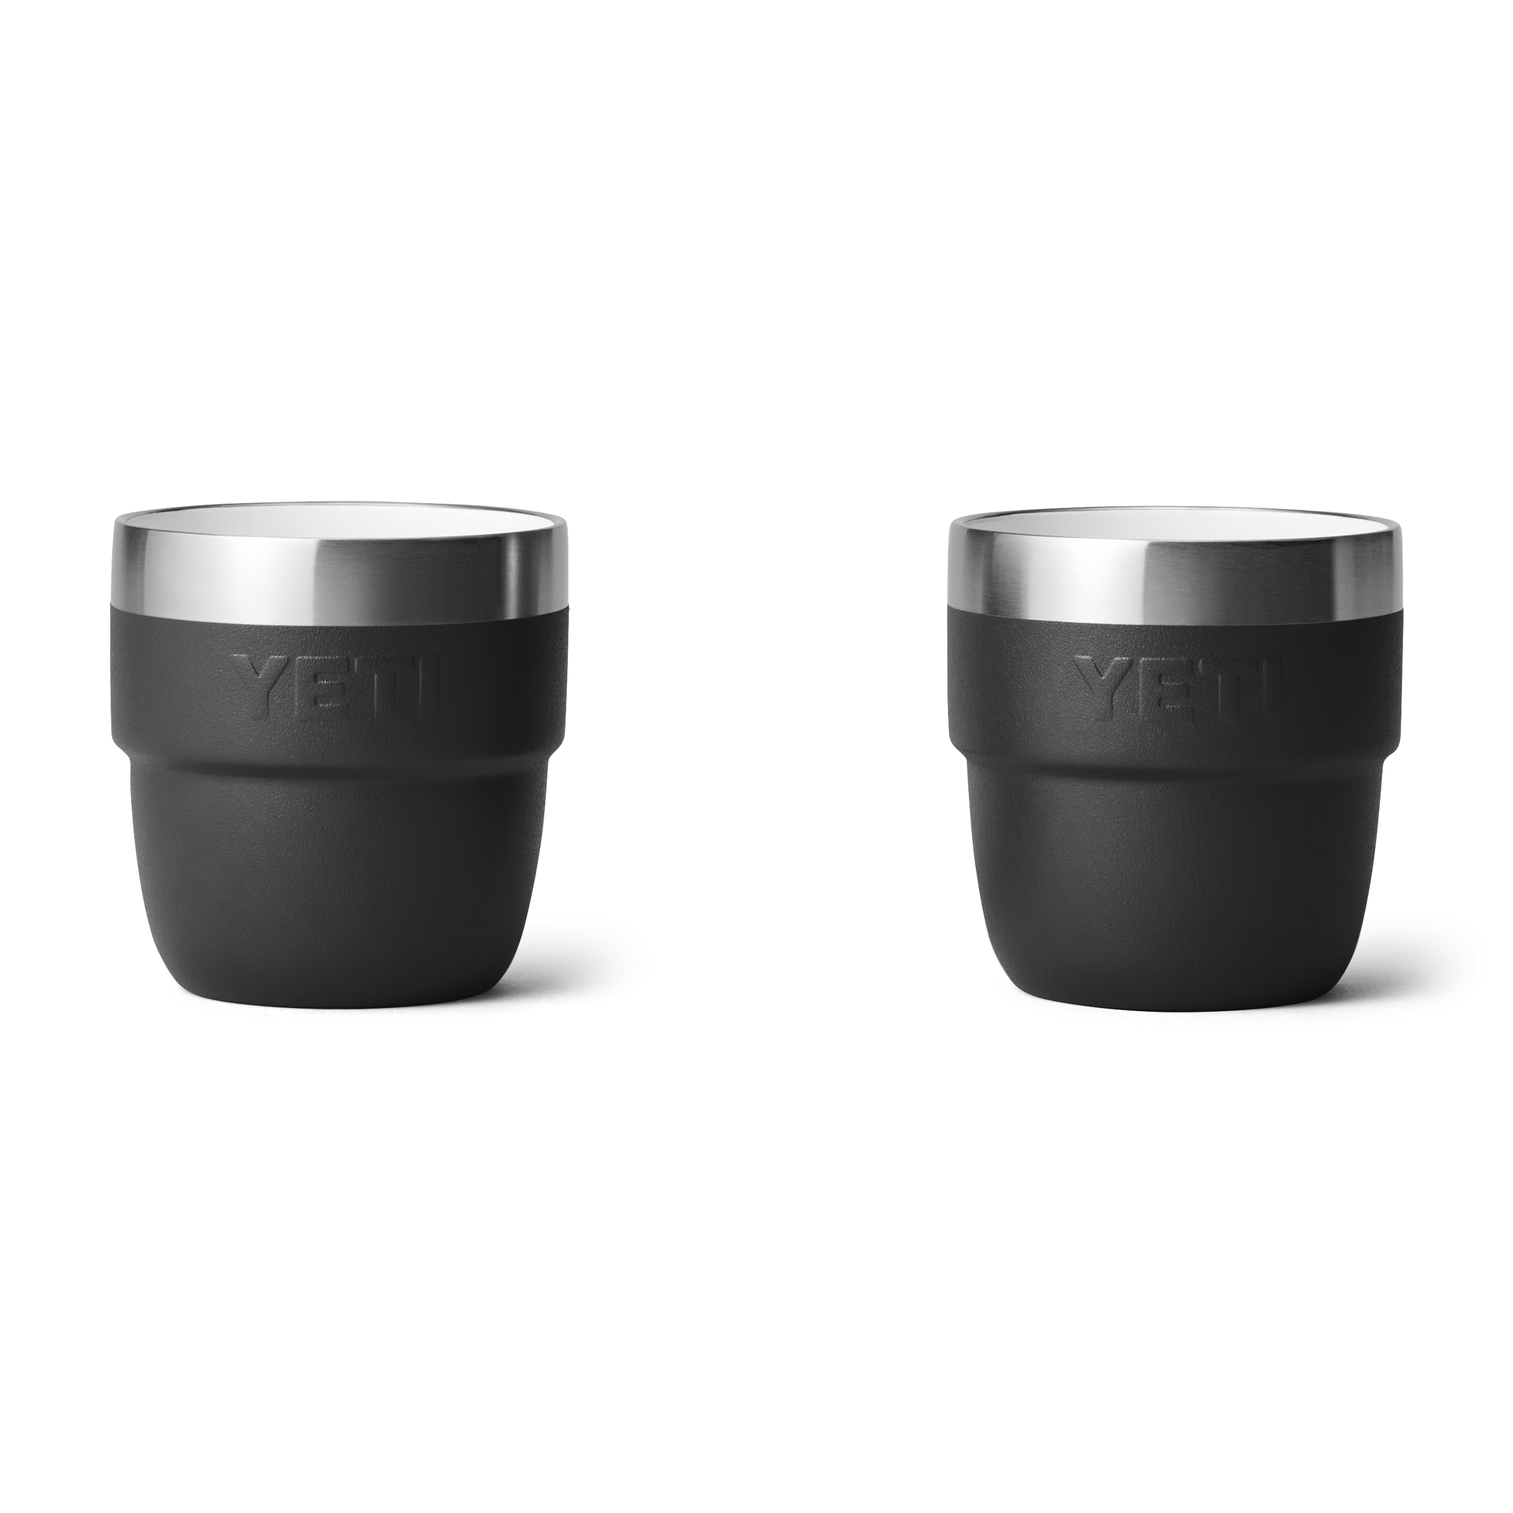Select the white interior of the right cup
[x=1174, y=526]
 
